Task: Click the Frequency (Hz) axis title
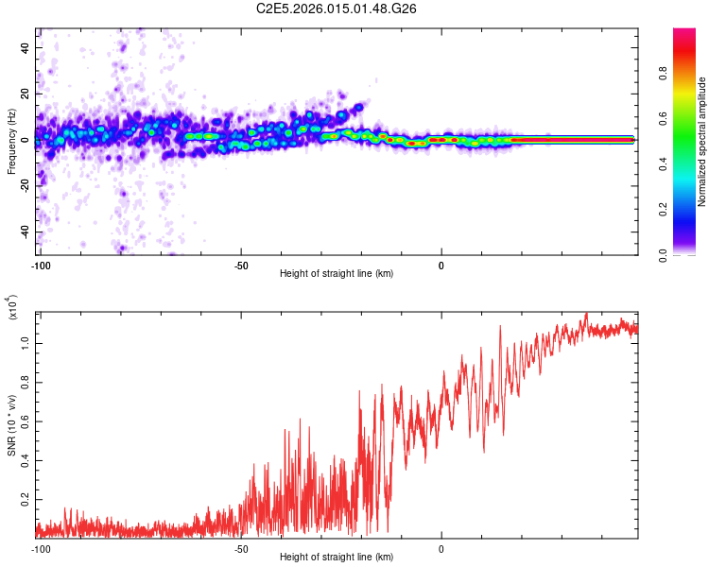tap(11, 142)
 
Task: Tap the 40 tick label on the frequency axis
tap(26, 47)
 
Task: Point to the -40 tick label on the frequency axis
tap(24, 232)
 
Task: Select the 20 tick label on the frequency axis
tap(26, 94)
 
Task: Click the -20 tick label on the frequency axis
tap(24, 186)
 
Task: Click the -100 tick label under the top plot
tap(40, 266)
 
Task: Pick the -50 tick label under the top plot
tap(241, 266)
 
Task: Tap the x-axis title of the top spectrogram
tap(337, 274)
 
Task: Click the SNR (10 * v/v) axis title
tap(11, 425)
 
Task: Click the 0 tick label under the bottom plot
tap(441, 549)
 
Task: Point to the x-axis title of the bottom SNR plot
tap(337, 558)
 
